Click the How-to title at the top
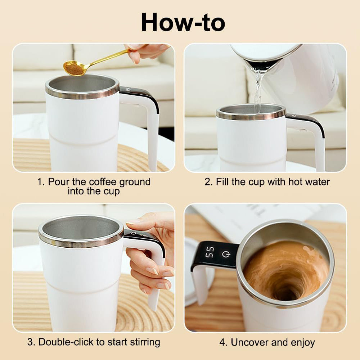(183, 22)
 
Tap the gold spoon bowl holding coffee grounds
(73, 68)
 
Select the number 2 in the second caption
(208, 182)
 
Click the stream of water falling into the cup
(258, 90)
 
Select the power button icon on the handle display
(226, 254)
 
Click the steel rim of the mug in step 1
(82, 93)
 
